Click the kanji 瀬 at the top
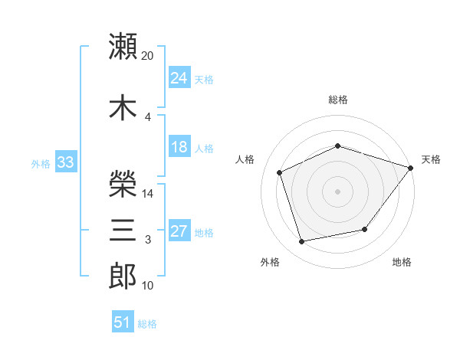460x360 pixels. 123,46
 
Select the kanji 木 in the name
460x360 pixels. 123,107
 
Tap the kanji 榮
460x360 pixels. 123,184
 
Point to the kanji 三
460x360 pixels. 123,230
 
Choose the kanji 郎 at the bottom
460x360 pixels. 123,276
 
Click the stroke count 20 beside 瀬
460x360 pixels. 147,56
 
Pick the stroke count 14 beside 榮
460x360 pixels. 147,194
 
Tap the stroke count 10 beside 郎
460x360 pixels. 147,286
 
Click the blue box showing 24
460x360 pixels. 179,77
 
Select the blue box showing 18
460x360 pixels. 179,146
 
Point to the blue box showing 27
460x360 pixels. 179,230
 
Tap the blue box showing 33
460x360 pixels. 66,162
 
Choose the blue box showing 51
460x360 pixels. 123,321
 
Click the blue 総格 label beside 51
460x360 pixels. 147,324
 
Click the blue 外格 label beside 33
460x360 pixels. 41,164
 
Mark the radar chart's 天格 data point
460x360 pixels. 410,168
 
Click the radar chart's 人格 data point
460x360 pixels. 279,172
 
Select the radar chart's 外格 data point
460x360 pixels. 301,241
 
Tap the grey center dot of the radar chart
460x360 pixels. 337,191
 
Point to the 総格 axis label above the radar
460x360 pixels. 338,100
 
